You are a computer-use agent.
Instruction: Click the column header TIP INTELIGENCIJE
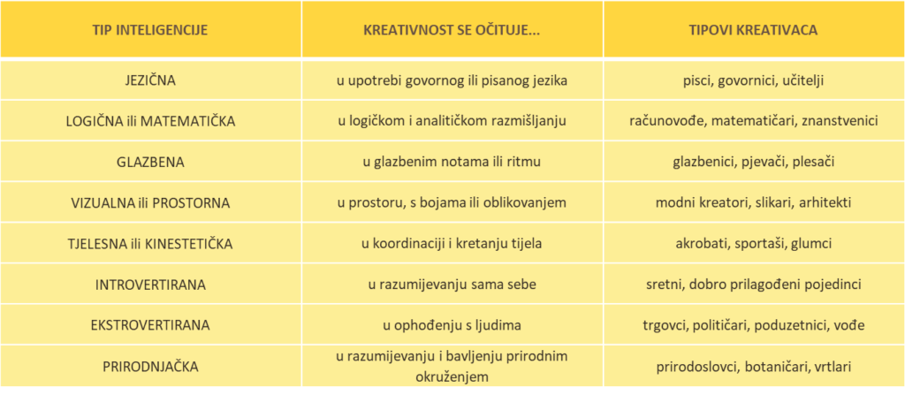coord(150,30)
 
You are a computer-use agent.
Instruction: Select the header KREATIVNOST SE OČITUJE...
coord(452,30)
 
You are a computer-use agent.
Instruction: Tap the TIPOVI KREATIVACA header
coord(753,30)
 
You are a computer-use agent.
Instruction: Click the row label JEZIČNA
coord(150,80)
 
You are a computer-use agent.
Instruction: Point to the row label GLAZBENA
coord(150,162)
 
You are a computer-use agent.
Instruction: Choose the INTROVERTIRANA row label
coord(150,284)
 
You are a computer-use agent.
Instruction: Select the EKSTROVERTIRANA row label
coord(150,324)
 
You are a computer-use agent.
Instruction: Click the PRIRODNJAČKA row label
coord(150,365)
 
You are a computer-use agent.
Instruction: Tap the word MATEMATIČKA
coord(194,121)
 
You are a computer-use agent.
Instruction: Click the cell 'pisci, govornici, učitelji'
coord(753,80)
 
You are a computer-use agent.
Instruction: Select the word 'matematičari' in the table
coord(752,121)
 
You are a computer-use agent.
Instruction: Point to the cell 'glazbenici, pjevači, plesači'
coord(753,162)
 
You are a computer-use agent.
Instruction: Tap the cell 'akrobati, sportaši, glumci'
coord(753,243)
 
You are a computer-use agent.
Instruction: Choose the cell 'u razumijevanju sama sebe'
coord(452,284)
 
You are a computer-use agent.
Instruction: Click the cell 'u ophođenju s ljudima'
coord(452,324)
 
